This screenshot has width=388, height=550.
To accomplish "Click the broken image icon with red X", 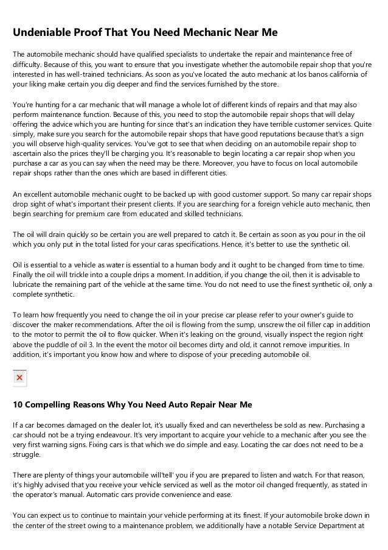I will pyautogui.click(x=19, y=378).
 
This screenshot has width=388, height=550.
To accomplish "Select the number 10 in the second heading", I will pyautogui.click(x=18, y=404).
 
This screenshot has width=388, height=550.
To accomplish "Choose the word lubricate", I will pyautogui.click(x=30, y=284).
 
